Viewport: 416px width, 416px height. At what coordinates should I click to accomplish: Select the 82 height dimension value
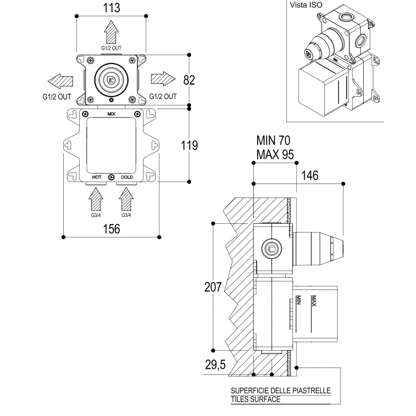click(189, 80)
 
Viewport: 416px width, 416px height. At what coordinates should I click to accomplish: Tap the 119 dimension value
click(189, 145)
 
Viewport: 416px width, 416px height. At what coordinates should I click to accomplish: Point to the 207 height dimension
click(213, 287)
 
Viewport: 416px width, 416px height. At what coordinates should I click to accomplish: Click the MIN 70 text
click(273, 140)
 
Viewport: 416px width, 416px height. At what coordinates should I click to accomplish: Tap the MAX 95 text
click(275, 154)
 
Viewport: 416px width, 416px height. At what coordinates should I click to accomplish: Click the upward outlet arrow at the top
click(111, 32)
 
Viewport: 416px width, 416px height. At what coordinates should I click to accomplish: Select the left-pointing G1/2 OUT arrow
click(60, 81)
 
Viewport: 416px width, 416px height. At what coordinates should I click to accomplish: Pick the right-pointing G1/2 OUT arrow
click(163, 79)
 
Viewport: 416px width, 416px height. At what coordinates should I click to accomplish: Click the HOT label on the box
click(96, 177)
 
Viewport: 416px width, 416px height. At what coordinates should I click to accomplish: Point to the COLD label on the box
click(126, 177)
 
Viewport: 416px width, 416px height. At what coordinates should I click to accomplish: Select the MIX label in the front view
click(111, 114)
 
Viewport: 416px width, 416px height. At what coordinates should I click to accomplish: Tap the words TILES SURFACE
click(256, 399)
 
